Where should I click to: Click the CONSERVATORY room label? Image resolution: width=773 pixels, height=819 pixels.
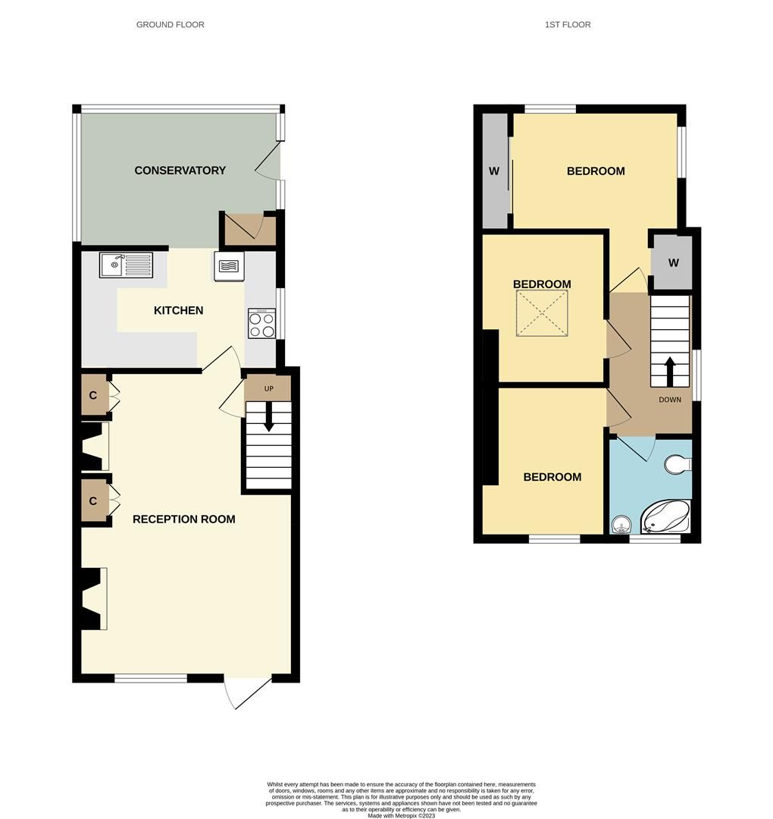tap(180, 171)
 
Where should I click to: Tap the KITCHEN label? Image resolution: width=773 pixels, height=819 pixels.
tap(178, 310)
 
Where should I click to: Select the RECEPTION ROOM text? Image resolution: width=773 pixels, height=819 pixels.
tap(183, 519)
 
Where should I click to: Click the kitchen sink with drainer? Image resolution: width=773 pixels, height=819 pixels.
tap(126, 265)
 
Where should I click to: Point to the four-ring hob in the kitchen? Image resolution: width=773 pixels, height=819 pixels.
tap(261, 323)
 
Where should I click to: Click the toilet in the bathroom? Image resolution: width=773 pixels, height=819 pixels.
tap(678, 464)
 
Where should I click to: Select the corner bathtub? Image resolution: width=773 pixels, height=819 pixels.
tap(666, 516)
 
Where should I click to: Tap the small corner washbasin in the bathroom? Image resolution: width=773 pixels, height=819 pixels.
tap(621, 524)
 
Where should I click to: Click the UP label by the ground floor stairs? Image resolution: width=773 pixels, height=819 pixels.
tap(268, 389)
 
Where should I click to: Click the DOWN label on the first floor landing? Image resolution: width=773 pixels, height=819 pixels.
tap(669, 400)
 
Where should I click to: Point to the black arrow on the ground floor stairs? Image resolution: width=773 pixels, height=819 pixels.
tap(268, 418)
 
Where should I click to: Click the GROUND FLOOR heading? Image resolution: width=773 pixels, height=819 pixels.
tap(170, 25)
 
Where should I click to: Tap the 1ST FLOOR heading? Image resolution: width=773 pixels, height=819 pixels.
tap(568, 25)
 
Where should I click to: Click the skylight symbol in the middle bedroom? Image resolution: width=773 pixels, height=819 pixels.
tap(542, 313)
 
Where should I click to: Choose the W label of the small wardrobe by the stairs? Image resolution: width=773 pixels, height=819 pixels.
tap(673, 263)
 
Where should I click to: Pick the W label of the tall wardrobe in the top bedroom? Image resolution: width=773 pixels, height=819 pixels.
tap(494, 171)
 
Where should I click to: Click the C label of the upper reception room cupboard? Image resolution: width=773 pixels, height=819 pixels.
tap(93, 396)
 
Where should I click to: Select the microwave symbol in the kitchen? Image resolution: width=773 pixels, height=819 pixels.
tap(229, 266)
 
